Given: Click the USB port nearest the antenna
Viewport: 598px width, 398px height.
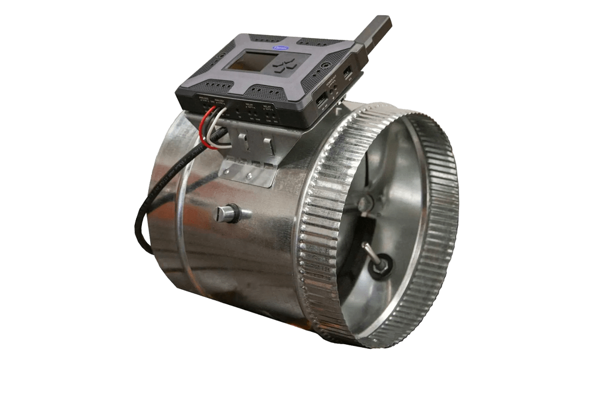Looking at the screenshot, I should coord(348,74).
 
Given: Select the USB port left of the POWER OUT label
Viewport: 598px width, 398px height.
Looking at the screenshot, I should coord(321,99).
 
